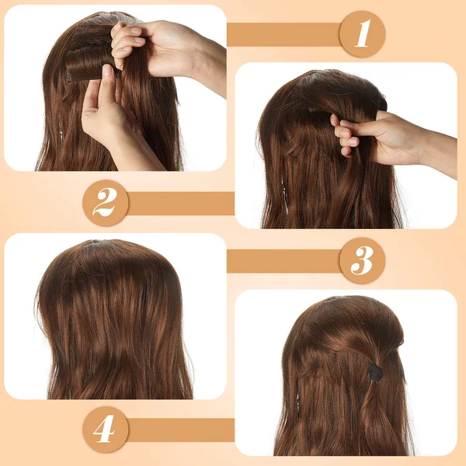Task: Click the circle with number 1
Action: tap(362, 34)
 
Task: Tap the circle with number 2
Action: tap(106, 203)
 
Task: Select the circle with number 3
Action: tap(362, 260)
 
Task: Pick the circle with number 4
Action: tap(106, 429)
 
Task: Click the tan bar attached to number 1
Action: tap(283, 34)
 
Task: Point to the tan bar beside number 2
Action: tap(181, 203)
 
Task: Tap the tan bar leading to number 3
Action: tap(283, 261)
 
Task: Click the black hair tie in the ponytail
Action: tap(375, 371)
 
